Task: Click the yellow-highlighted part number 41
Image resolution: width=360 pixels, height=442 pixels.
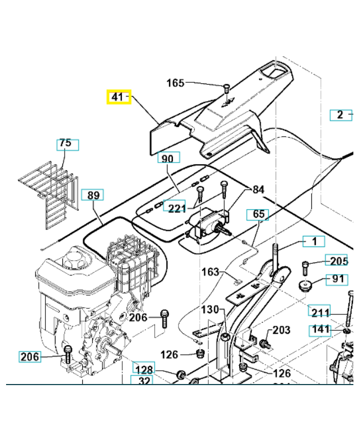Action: pos(118,97)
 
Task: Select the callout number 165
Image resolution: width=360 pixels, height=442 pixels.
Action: pos(175,83)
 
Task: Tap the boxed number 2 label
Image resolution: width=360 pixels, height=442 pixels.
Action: pos(341,115)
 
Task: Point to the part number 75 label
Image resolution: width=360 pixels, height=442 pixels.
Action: pos(66,144)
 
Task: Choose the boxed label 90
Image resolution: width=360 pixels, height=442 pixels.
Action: pos(167,159)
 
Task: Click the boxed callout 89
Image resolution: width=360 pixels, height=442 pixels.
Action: pos(93,194)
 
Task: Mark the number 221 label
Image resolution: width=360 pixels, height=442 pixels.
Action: pos(177,208)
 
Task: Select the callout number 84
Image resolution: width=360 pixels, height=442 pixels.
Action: pos(258,190)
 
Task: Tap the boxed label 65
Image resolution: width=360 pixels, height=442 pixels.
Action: pos(259,214)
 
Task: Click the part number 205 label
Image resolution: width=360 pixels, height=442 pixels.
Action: pos(339,261)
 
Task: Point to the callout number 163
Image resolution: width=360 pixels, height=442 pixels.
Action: pos(210,272)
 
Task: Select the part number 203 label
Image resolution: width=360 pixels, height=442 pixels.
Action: pos(281,330)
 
